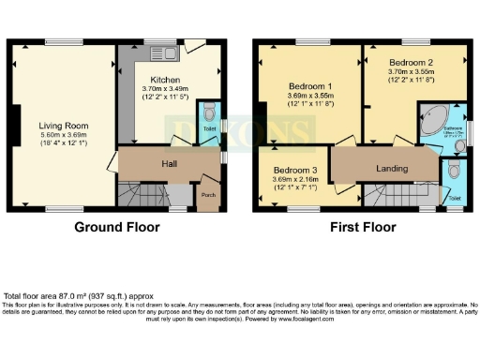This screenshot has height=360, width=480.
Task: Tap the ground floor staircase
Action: [140, 195]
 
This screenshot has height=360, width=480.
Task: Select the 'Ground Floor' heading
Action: [116, 227]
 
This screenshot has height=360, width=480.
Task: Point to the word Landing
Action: [386, 168]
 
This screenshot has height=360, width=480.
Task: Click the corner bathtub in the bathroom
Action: [432, 123]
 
